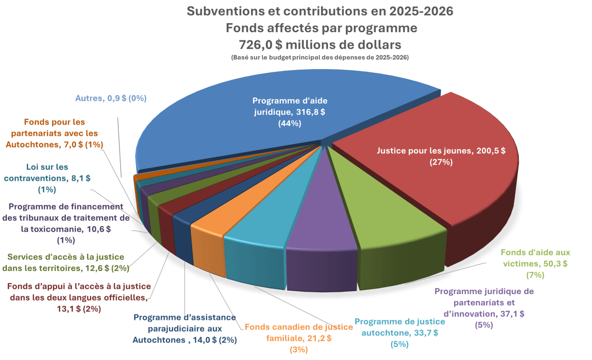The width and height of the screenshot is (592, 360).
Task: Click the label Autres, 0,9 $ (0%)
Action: click(111, 99)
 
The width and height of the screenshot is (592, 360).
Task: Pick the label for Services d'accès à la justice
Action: click(66, 262)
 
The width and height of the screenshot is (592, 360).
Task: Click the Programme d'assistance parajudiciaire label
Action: click(184, 329)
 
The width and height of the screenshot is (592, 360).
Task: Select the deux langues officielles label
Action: click(78, 297)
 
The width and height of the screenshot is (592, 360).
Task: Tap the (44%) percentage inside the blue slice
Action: click(289, 123)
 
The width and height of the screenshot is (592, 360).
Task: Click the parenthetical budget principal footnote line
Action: click(320, 58)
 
